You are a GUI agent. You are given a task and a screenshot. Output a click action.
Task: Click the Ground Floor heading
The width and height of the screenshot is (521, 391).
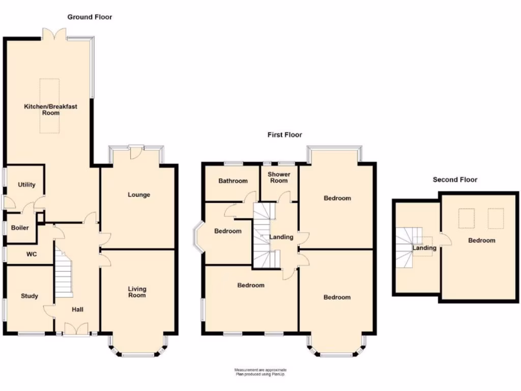[90, 17]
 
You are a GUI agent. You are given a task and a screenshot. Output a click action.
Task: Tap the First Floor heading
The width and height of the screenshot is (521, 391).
[284, 135]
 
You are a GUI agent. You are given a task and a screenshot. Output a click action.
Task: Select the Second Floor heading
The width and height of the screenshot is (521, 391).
[455, 180]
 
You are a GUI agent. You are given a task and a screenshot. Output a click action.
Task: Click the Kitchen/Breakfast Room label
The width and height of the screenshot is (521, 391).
[50, 109]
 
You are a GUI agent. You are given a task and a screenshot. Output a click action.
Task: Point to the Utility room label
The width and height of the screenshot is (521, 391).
[26, 185]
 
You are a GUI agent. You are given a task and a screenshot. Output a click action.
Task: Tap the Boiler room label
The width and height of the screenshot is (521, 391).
[20, 228]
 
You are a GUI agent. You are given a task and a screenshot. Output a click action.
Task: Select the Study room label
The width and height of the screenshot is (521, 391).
[29, 296]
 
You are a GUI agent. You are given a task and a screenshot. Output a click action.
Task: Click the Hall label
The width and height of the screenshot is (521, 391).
[77, 310]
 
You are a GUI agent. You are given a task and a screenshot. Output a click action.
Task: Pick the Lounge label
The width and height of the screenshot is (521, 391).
[138, 194]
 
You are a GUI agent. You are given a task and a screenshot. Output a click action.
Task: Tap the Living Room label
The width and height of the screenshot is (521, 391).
[137, 292]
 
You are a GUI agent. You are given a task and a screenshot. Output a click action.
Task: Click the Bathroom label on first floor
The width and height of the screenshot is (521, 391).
[233, 181]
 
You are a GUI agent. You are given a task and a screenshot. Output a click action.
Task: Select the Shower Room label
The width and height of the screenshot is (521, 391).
[279, 177]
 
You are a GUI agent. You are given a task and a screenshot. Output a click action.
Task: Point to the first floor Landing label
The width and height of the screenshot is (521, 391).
[281, 237]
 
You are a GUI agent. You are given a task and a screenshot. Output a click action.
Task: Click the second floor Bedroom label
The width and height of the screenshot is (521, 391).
[481, 240]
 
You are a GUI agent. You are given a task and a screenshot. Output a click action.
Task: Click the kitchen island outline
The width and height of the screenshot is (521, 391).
[50, 106]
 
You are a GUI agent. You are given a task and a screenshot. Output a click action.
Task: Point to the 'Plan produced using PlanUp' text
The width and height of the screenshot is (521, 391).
[260, 374]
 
